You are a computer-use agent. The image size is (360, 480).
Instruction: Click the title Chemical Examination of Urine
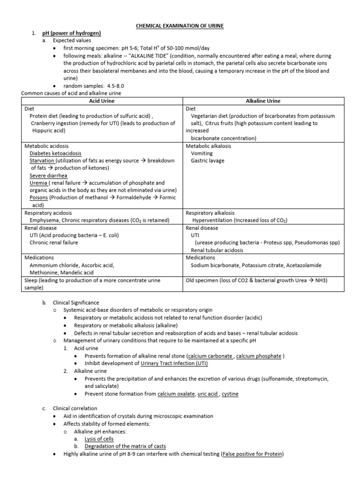(x=180, y=26)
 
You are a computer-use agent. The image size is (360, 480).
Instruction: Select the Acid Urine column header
(x=102, y=101)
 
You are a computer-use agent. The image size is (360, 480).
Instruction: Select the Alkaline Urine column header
(x=263, y=101)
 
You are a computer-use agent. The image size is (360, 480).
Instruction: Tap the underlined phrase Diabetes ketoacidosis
(x=55, y=153)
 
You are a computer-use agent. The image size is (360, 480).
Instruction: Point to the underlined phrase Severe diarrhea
(x=48, y=176)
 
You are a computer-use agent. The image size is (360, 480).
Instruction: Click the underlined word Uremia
(x=38, y=183)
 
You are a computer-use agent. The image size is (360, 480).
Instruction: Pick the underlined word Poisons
(x=39, y=198)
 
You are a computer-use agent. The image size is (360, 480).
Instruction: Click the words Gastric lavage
(x=208, y=161)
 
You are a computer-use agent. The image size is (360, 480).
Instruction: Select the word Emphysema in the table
(x=45, y=220)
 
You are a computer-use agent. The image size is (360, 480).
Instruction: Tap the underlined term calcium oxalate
(x=176, y=394)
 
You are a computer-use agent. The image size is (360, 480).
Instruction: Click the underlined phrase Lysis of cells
(x=99, y=439)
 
